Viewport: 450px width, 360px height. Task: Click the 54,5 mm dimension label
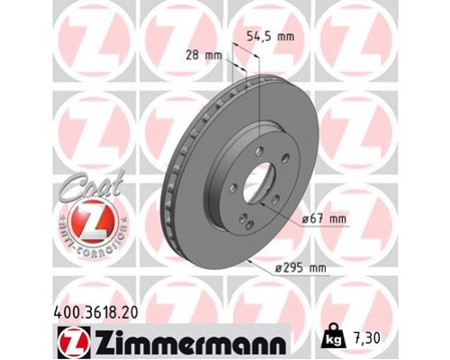[271, 38]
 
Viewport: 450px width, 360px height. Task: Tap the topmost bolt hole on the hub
[258, 151]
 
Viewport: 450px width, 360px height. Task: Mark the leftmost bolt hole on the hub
[233, 187]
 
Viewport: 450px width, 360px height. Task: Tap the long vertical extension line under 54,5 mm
[259, 99]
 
